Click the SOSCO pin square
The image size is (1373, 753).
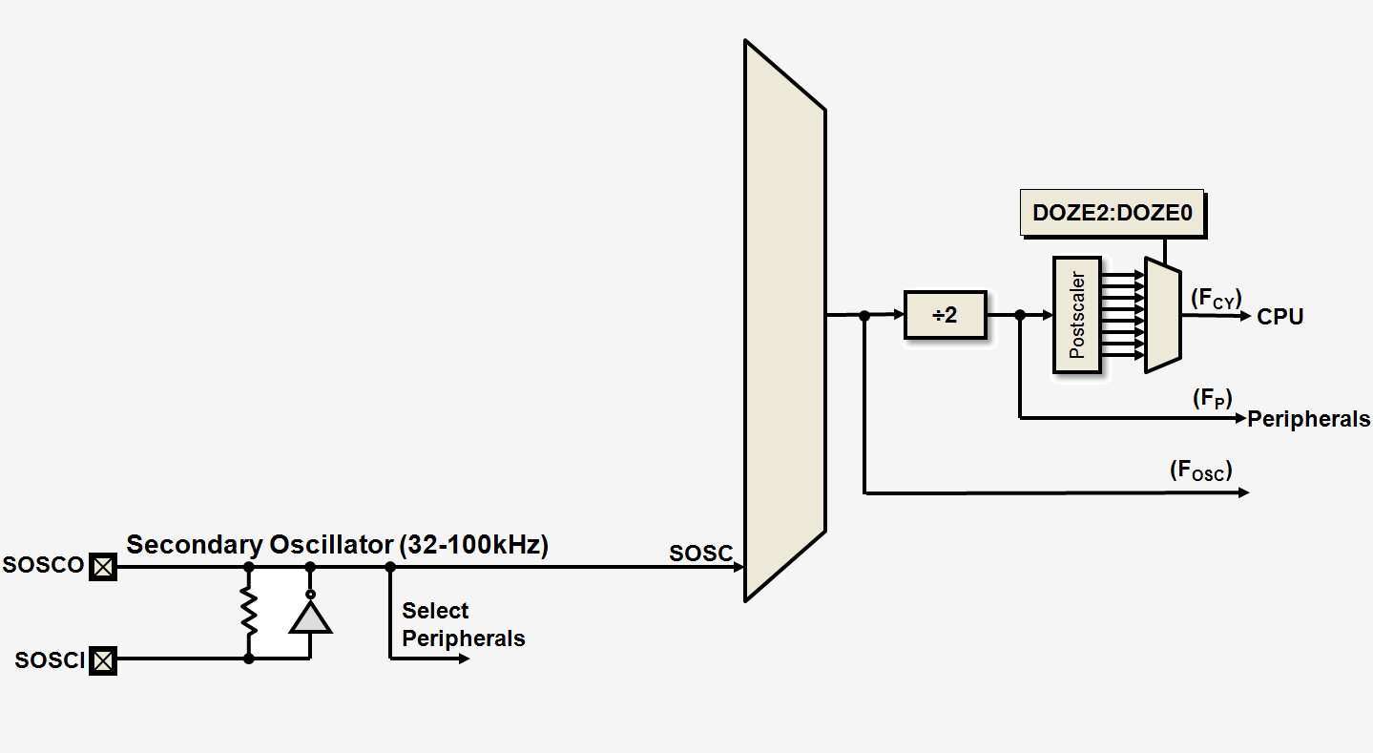coord(102,567)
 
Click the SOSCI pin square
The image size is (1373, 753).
coord(102,659)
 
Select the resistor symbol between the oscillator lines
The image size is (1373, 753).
coord(249,612)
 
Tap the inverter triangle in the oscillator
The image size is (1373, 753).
coord(310,617)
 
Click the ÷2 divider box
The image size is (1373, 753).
coord(945,315)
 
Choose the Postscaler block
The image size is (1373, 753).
coord(1077,315)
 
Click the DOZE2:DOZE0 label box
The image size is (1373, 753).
coord(1113,214)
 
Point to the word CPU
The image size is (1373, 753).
coord(1279,317)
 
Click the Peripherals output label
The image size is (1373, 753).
coord(1308,419)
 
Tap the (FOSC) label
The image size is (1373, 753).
coord(1200,471)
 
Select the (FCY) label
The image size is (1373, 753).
coord(1216,299)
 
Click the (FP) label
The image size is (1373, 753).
coord(1212,399)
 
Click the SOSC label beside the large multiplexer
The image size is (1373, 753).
coord(700,554)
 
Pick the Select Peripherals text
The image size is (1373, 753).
coord(463,624)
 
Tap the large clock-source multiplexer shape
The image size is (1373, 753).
coord(784,321)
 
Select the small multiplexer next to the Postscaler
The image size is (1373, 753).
coord(1163,315)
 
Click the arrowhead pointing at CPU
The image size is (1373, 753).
coord(1243,315)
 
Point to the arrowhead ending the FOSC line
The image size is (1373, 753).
coord(1243,492)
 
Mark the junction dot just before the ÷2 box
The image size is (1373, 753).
coord(863,315)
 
